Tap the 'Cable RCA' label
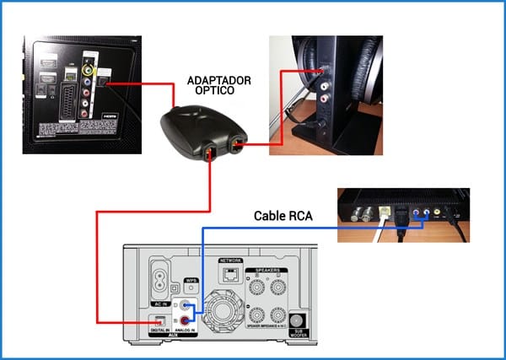point(283,216)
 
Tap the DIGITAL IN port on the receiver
point(158,321)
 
